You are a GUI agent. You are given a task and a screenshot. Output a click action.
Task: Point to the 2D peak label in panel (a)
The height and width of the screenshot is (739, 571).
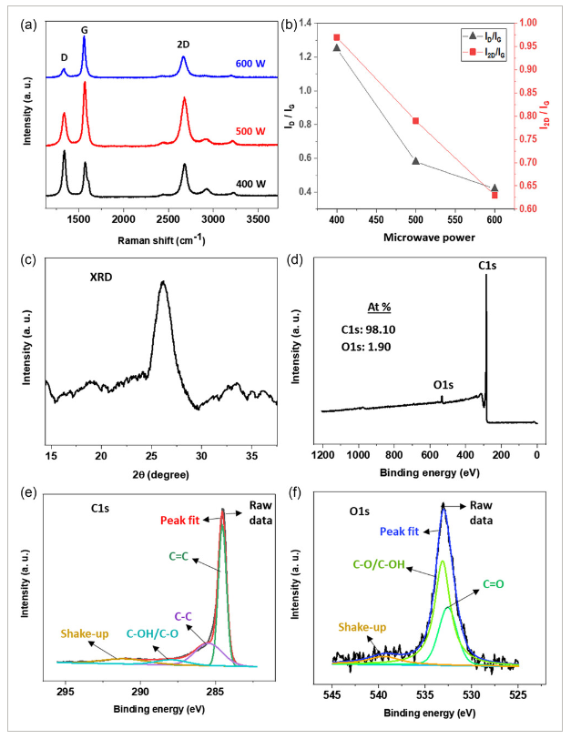(183, 45)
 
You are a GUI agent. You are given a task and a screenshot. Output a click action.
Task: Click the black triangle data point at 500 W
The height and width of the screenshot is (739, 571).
(415, 161)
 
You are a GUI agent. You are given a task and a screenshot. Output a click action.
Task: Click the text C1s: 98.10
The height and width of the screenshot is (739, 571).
(368, 331)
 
